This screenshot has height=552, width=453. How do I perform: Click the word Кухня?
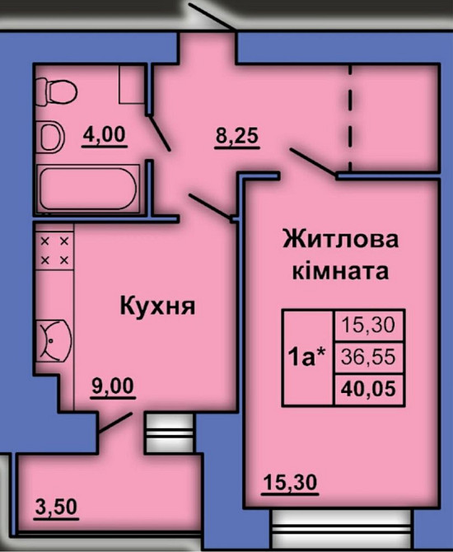coord(157,307)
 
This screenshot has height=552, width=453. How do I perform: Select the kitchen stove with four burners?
coord(55,249)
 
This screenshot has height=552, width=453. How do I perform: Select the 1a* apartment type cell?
coord(307,357)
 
